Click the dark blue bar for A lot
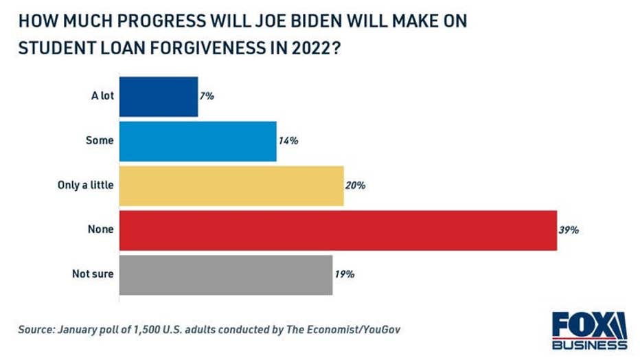[x=159, y=97]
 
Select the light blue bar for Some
[x=198, y=142]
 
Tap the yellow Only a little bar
[x=231, y=185]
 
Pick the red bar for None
[x=338, y=230]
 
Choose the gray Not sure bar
[x=226, y=275]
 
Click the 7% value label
[x=207, y=97]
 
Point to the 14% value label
[x=288, y=142]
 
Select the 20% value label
[x=355, y=185]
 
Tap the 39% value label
[x=569, y=230]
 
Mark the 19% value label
[x=344, y=275]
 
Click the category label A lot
[x=102, y=97]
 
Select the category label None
[x=101, y=230]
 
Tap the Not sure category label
[x=93, y=275]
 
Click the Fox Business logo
[x=590, y=330]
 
